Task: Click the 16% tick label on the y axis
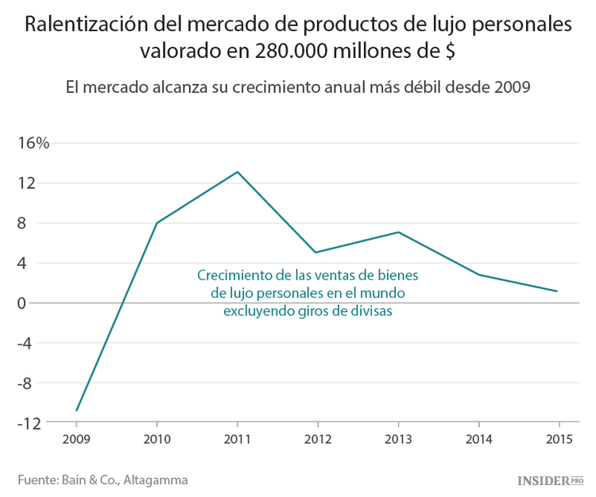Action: click(x=34, y=144)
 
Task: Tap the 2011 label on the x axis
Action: click(x=238, y=438)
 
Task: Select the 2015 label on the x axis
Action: click(x=559, y=438)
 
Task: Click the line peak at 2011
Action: click(x=238, y=171)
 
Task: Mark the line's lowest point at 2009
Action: click(x=77, y=410)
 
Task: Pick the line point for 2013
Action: click(x=398, y=232)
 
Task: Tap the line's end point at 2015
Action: click(x=558, y=291)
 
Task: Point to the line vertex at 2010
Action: click(x=157, y=223)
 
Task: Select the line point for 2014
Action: click(x=478, y=275)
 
